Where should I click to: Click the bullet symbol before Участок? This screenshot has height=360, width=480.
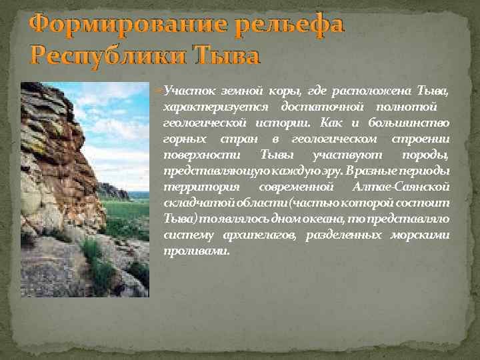pyautogui.click(x=159, y=91)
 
